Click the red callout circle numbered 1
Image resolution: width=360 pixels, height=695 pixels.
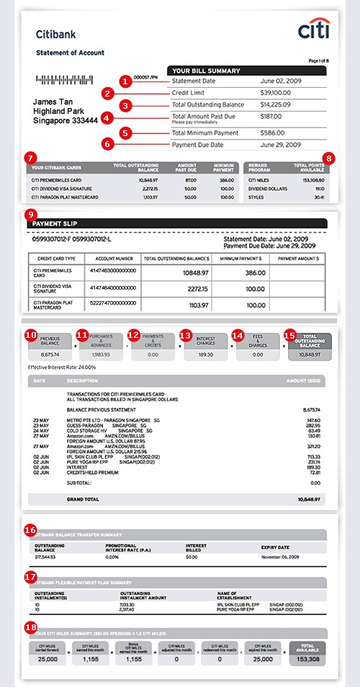coord(126,81)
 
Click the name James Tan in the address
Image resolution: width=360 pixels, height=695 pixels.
coord(57,102)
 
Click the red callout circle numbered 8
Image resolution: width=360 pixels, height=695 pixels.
coord(329,156)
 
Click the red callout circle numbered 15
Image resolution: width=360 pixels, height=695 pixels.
coord(290,335)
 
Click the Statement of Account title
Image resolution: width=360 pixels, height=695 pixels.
coord(70,53)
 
